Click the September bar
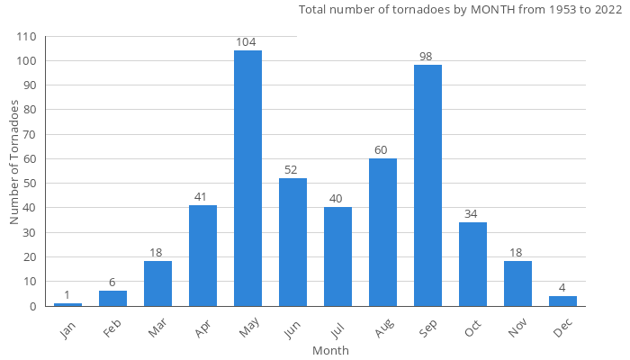coord(427,185)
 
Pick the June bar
coord(292,242)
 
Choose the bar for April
coord(202,256)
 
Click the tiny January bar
coord(67,304)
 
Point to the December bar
coord(562,301)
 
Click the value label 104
coord(247,42)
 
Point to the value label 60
coord(382,150)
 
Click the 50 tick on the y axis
coord(30,184)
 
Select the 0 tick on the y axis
coord(33,306)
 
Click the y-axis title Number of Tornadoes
coord(14,163)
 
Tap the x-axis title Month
coord(330,350)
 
